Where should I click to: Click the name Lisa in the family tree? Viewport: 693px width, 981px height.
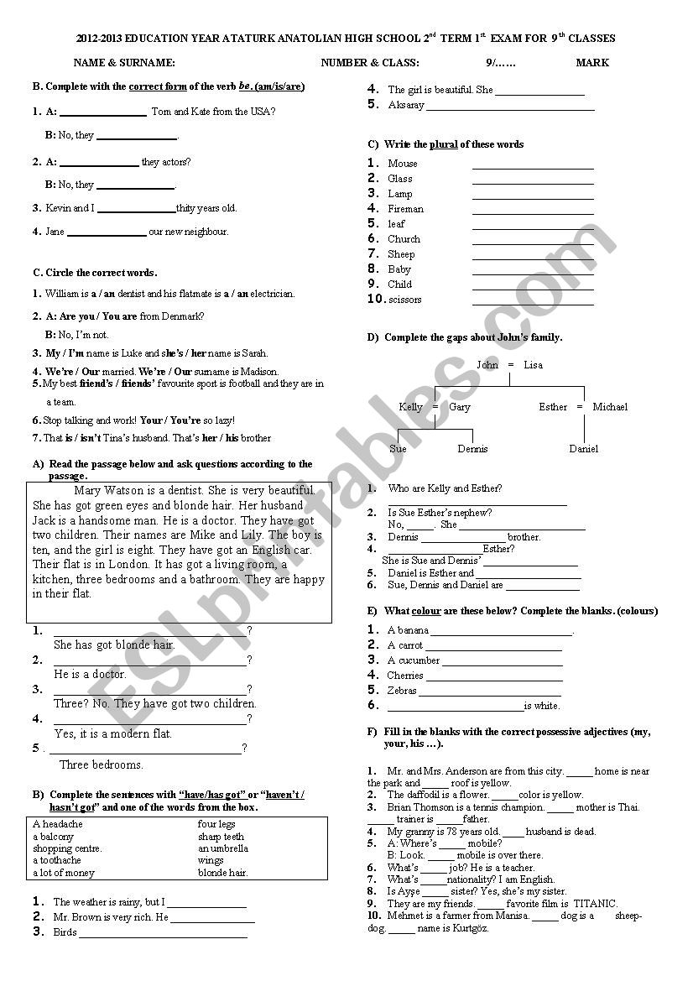(x=533, y=365)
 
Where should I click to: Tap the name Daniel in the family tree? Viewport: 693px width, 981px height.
(x=584, y=449)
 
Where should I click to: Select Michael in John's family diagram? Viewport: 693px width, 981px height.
(x=610, y=407)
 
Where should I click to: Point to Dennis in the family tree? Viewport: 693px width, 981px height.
(x=472, y=449)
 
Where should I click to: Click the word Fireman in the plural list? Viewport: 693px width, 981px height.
(x=405, y=209)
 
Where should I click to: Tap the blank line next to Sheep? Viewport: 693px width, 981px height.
(x=533, y=254)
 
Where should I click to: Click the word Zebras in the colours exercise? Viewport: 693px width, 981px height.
(x=402, y=691)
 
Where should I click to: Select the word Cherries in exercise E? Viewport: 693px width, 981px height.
(x=405, y=676)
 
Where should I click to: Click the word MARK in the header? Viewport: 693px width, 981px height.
(x=592, y=63)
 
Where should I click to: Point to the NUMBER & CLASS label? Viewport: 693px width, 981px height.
(x=370, y=63)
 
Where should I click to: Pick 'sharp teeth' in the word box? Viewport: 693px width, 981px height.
(x=221, y=837)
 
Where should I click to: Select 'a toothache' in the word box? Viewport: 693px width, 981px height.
(x=57, y=860)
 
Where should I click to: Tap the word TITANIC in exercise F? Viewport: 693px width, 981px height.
(x=595, y=904)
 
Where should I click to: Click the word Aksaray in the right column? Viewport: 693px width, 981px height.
(x=406, y=106)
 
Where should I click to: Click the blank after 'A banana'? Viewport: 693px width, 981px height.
(x=501, y=631)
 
